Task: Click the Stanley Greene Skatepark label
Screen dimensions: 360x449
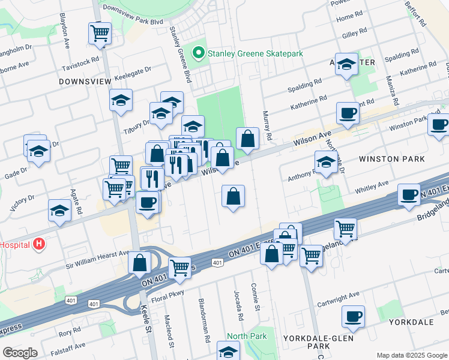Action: click(255, 53)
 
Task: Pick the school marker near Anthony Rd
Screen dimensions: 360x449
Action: click(326, 161)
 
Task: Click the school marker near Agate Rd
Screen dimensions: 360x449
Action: click(59, 211)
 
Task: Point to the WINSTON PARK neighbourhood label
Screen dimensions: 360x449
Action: click(391, 159)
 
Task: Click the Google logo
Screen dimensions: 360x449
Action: click(20, 353)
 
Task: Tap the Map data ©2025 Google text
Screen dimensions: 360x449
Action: click(411, 355)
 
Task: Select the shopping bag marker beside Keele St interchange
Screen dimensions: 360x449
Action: click(139, 262)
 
